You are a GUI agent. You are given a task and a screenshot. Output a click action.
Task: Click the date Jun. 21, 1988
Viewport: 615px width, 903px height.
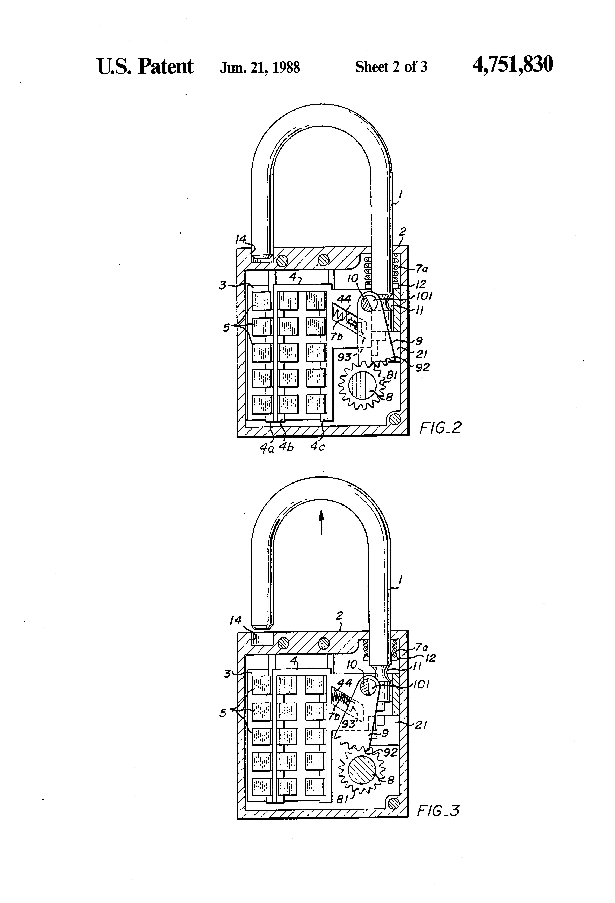[260, 68]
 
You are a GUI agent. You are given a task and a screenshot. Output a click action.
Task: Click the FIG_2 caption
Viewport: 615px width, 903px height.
[440, 428]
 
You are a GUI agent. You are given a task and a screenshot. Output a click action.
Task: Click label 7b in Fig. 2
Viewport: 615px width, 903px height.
[337, 336]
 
